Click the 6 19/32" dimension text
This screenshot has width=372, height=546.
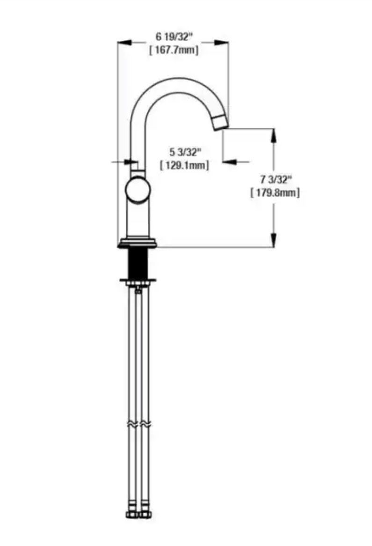pos(174,36)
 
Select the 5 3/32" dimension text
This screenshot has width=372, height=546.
pos(185,152)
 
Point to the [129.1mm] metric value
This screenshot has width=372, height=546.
pos(185,165)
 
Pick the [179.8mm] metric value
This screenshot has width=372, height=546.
pos(275,192)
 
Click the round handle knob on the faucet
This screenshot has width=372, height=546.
pos(138,190)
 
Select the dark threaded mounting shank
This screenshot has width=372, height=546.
pos(138,263)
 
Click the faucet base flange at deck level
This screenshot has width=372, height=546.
pos(138,243)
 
